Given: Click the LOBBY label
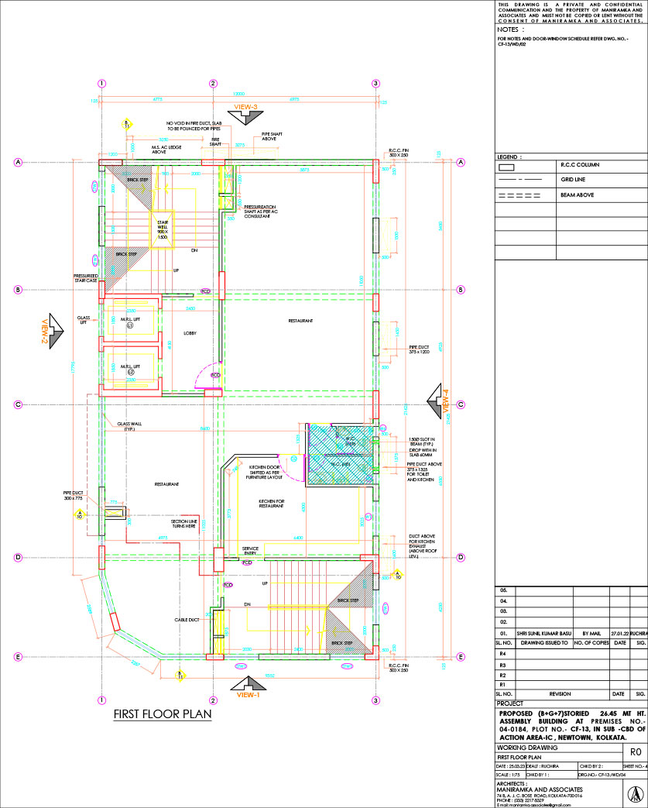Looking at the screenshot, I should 190,333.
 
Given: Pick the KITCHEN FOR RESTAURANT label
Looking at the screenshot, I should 271,504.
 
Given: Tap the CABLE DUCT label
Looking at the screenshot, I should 187,620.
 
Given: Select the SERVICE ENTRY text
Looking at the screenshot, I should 250,550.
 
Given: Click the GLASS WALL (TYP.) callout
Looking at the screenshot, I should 129,426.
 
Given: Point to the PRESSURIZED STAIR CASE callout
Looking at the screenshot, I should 85,277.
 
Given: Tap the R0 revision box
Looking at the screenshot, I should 635,751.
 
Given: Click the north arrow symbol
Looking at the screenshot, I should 634,794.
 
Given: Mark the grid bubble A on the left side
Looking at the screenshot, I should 17,162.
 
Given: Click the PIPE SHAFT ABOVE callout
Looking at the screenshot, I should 272,136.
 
